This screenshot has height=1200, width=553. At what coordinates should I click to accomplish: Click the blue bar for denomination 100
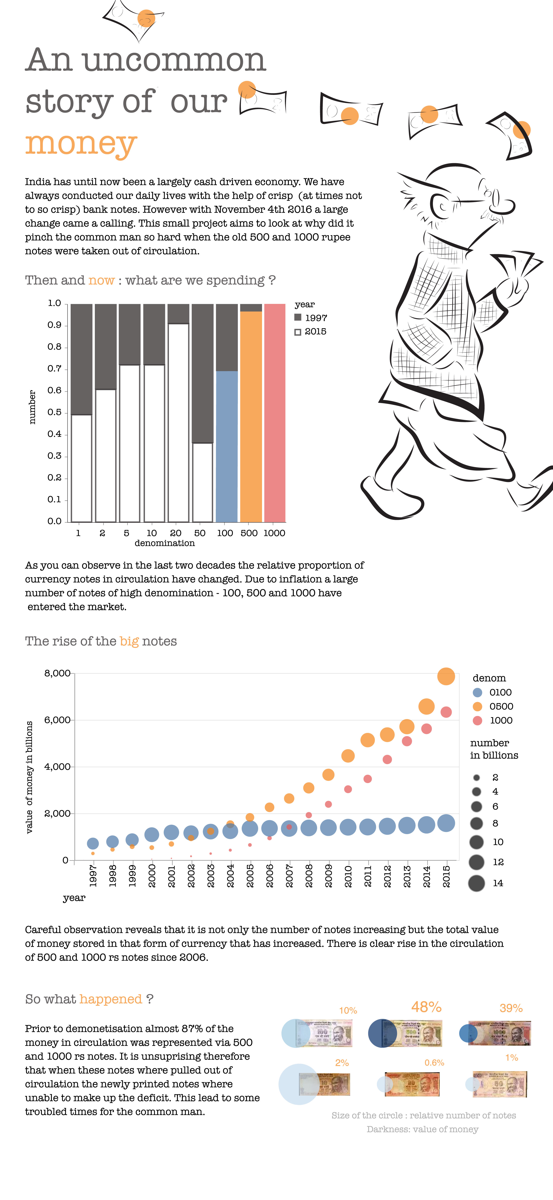[x=227, y=446]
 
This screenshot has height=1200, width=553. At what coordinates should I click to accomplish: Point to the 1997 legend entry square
[x=298, y=317]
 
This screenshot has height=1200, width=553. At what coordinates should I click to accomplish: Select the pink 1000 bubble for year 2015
[x=446, y=712]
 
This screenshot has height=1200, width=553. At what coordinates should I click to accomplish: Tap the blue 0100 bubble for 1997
[x=93, y=843]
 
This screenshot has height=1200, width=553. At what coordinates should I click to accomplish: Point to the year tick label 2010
[x=348, y=876]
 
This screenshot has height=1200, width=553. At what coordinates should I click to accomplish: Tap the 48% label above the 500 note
[x=426, y=1007]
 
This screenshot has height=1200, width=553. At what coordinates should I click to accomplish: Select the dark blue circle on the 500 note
[x=382, y=1033]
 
